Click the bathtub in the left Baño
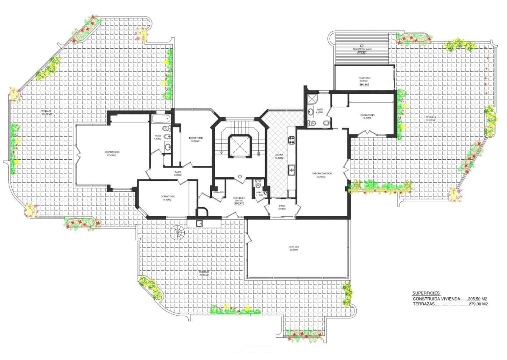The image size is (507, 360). click(161, 118)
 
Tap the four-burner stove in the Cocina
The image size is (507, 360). click(291, 140)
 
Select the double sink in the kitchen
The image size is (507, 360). click(291, 171)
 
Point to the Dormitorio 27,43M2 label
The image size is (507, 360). click(112, 153)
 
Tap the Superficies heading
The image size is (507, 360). click(426, 293)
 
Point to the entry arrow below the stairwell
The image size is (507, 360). click(240, 177)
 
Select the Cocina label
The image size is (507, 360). click(279, 156)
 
